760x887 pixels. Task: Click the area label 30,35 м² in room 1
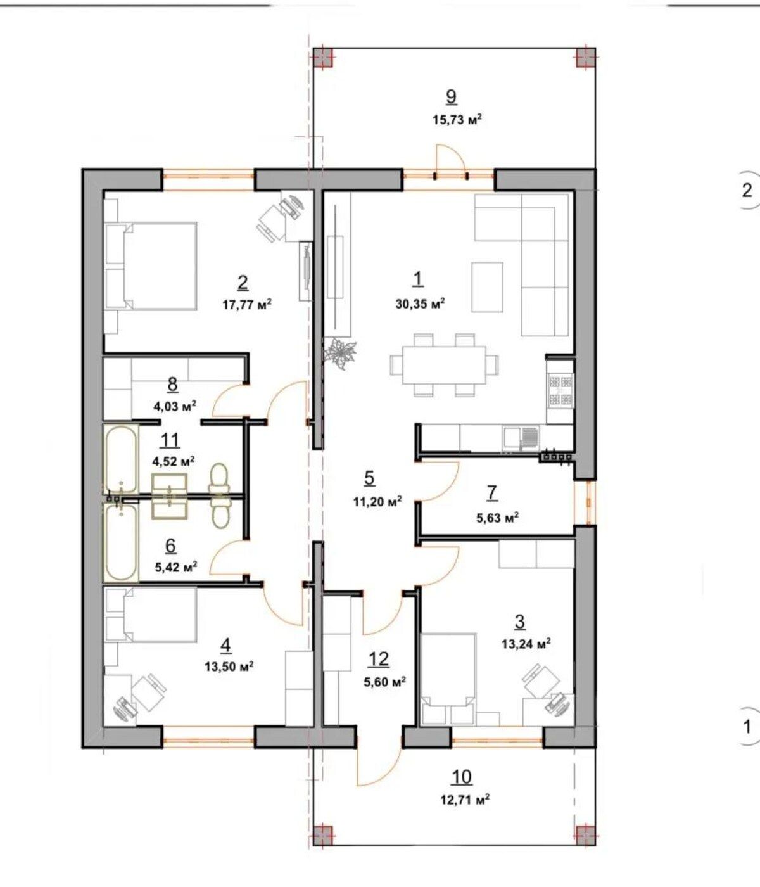(x=420, y=304)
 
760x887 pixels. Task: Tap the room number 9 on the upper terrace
(x=451, y=96)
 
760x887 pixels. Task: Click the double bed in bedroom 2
(x=151, y=265)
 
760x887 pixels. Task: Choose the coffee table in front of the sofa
(x=487, y=287)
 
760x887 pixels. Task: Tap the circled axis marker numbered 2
(x=747, y=190)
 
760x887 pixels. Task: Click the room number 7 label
(x=492, y=493)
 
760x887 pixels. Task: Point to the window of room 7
(x=589, y=502)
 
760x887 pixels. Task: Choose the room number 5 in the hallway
(x=369, y=478)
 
